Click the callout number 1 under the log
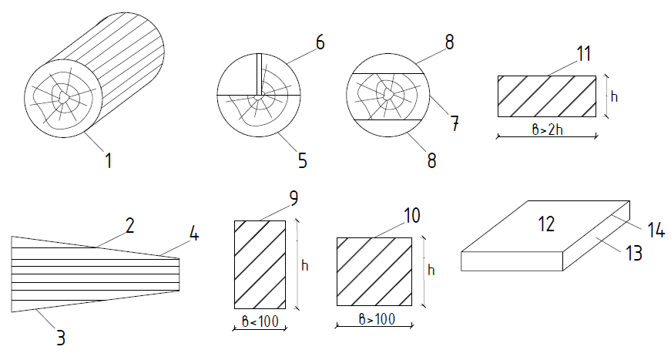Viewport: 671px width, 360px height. [109, 160]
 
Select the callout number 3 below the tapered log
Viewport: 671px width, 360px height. [61, 338]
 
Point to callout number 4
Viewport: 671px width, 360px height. [194, 234]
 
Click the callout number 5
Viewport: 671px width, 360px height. [303, 160]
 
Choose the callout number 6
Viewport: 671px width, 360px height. [320, 42]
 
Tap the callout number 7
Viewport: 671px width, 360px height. [455, 123]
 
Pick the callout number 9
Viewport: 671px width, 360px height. [294, 198]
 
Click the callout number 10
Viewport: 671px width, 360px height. [412, 215]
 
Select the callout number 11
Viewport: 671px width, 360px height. [584, 53]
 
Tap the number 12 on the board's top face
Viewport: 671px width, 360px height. [546, 224]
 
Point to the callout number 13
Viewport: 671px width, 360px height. [634, 253]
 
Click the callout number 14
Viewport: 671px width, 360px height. [656, 230]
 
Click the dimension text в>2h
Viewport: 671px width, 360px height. [547, 130]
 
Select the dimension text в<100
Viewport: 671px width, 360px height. [260, 321]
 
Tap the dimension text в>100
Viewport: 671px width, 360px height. [377, 319]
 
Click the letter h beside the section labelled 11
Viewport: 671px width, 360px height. [615, 96]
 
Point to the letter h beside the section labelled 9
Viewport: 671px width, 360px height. [305, 265]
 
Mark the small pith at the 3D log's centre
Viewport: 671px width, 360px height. [63, 96]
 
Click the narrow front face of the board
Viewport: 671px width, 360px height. [512, 261]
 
